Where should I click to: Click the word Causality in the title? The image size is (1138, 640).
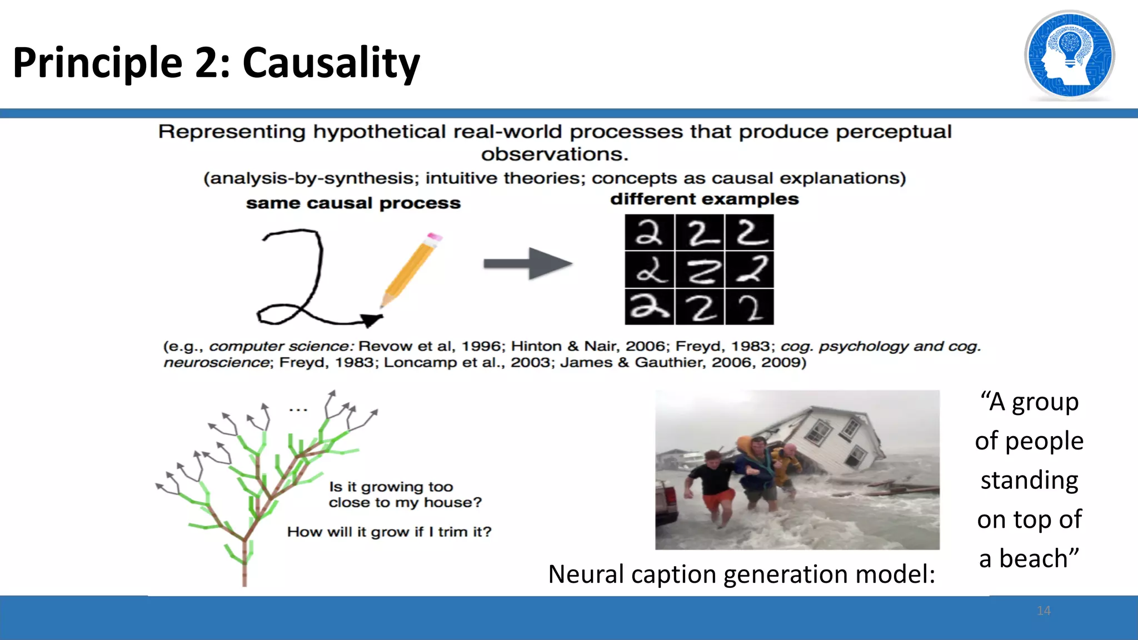coord(331,63)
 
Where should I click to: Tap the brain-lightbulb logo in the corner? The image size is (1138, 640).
coord(1069,56)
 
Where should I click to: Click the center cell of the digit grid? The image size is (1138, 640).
coord(700,270)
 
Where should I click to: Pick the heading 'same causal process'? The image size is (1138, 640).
coord(353,203)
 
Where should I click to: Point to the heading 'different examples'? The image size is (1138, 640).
coord(704,199)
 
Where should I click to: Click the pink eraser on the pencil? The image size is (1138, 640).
coord(435,237)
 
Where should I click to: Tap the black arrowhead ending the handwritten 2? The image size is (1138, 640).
coord(371,320)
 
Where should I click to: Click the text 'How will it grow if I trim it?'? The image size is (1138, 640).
coord(389,532)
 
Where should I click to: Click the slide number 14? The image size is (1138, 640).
coord(1044,611)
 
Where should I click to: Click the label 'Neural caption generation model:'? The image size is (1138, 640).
coord(741,574)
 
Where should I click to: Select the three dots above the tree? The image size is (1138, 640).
coord(298,410)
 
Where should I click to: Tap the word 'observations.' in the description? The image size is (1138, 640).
coord(555,154)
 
